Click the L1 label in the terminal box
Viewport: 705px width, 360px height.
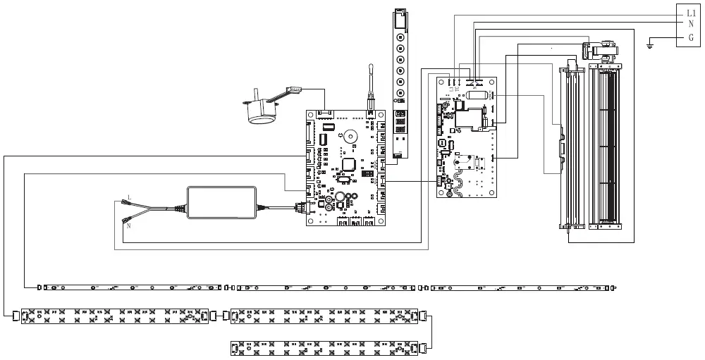click(x=691, y=13)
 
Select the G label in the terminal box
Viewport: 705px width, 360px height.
click(x=691, y=37)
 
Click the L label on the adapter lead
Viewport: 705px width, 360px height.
click(x=128, y=197)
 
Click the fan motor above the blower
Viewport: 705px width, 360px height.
click(x=599, y=49)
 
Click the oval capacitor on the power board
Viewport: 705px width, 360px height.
click(x=477, y=97)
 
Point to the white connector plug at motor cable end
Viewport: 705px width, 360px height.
click(x=295, y=89)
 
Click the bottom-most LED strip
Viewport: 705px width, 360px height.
click(x=326, y=347)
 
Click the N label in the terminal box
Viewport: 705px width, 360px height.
click(x=691, y=24)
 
